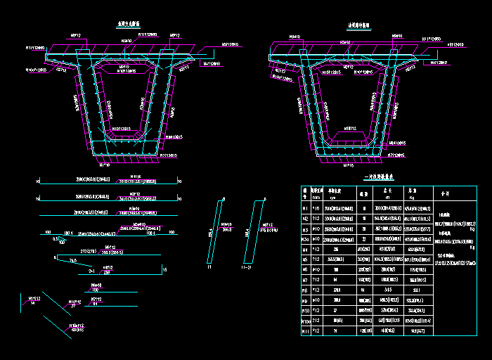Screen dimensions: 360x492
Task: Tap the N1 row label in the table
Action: pos(305,208)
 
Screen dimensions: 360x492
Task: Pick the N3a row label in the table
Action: pos(306,238)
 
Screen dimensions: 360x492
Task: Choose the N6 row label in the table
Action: pos(305,269)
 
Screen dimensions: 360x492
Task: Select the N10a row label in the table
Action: pos(306,320)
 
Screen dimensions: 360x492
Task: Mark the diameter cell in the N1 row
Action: pos(316,208)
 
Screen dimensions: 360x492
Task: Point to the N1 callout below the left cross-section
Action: pos(105,165)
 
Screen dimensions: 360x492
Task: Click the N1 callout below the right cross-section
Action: pos(347,166)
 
